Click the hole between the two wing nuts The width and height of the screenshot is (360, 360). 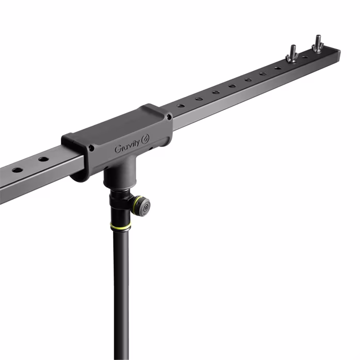[305, 57]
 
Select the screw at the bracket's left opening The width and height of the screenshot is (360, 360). [91, 148]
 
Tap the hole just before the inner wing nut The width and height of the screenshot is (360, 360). [278, 68]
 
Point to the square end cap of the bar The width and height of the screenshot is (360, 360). [338, 53]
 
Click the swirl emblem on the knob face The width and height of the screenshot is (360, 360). [146, 208]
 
